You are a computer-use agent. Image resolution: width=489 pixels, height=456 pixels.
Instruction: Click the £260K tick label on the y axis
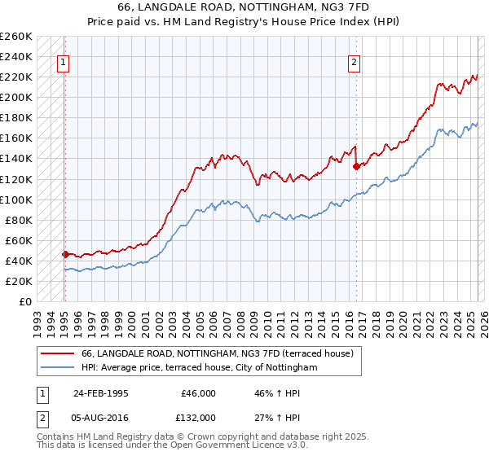coord(16,37)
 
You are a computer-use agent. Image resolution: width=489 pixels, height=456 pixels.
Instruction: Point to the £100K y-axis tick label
coord(16,199)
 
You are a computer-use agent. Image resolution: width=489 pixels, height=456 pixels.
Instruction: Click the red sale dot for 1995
coord(65,254)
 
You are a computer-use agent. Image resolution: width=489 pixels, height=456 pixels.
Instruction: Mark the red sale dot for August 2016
coord(356,166)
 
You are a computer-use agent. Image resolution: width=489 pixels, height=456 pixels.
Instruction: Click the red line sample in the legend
coord(58,354)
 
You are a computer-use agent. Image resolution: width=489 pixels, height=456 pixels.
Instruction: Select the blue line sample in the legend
coord(58,368)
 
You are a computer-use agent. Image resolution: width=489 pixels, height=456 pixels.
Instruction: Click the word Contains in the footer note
coord(56,438)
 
